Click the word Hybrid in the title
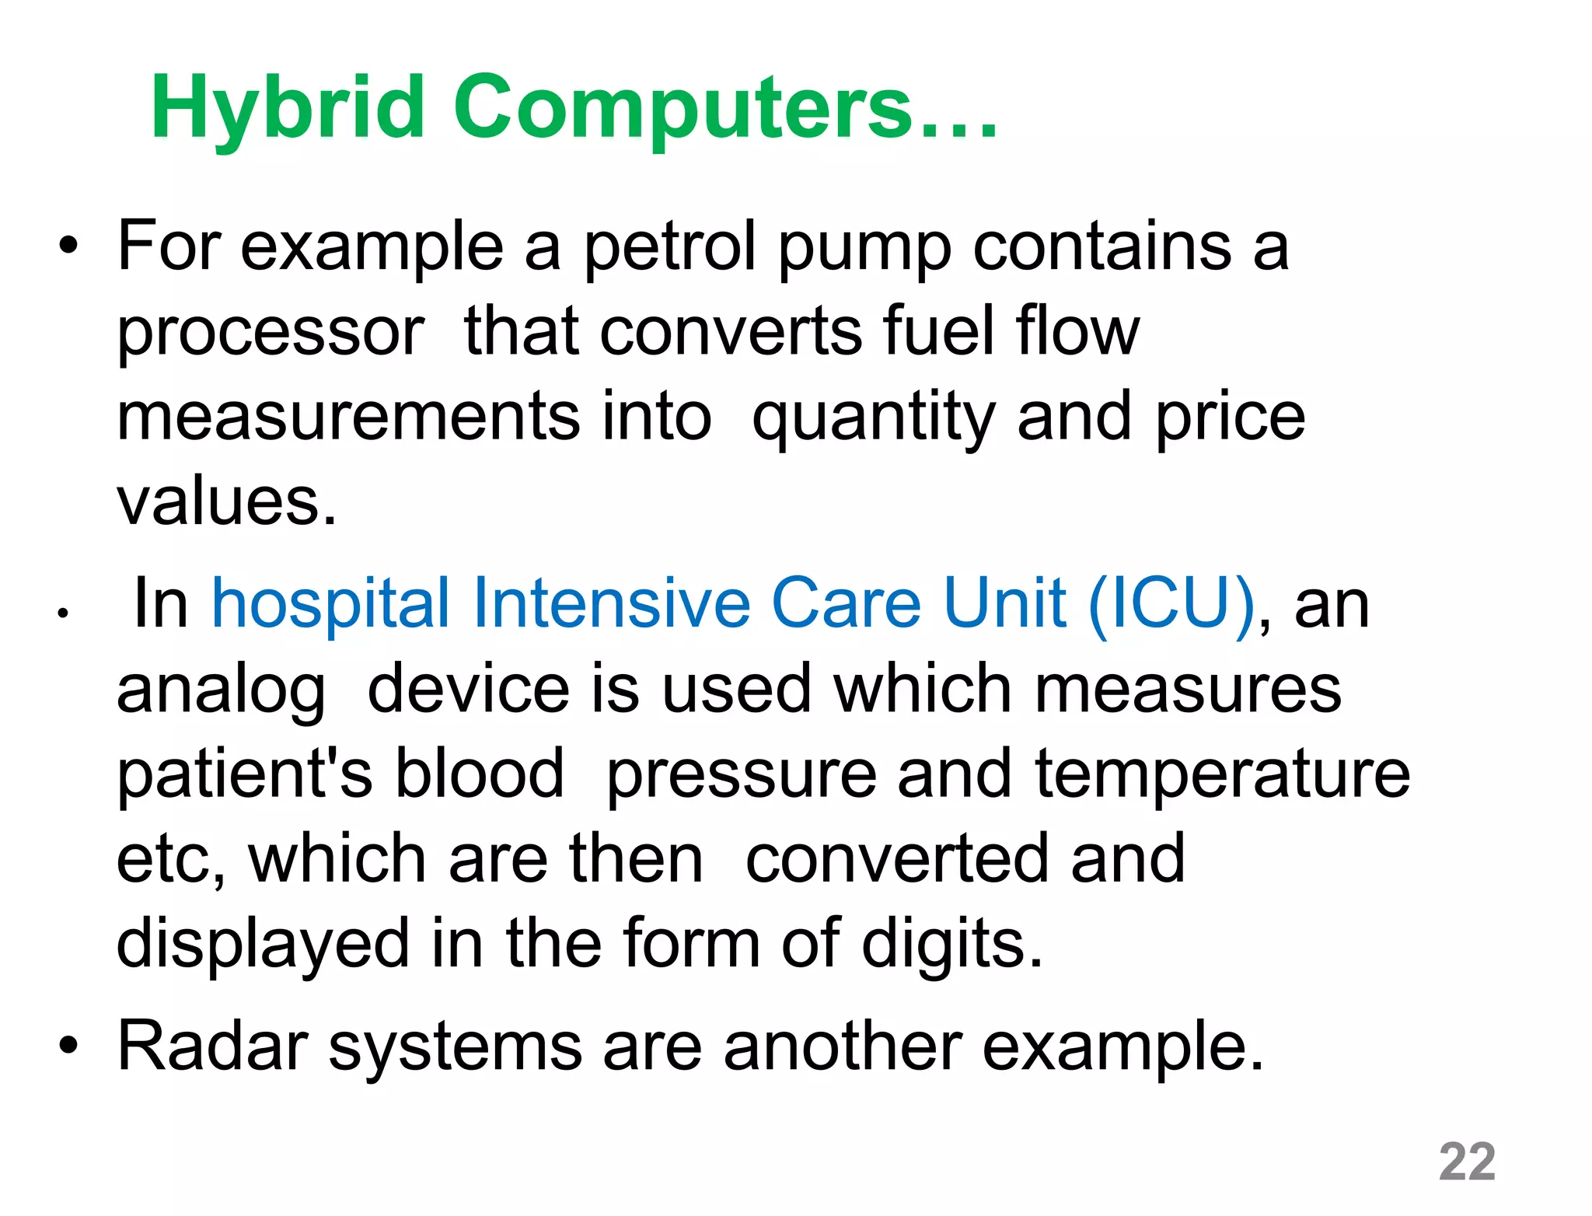coord(288,109)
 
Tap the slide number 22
coord(1467,1162)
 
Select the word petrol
coord(669,247)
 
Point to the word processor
coord(271,333)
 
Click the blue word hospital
coord(331,604)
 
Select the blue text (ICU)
coord(1171,604)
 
